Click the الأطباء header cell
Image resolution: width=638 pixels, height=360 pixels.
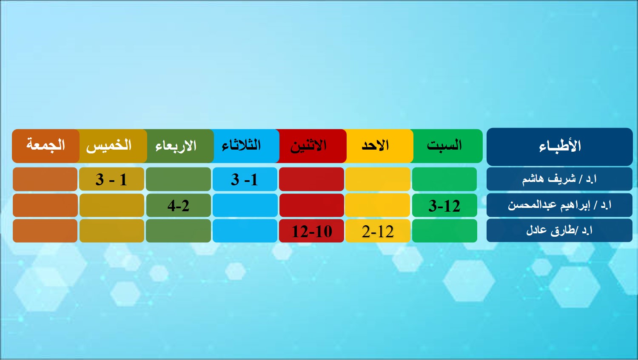(559, 147)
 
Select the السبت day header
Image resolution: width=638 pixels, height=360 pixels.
(447, 146)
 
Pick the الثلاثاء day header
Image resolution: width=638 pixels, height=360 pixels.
(245, 146)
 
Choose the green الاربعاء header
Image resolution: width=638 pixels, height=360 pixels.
(179, 146)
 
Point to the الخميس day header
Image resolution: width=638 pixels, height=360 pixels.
(112, 146)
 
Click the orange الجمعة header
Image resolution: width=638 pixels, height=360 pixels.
(46, 146)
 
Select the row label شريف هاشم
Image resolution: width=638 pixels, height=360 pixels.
(559, 179)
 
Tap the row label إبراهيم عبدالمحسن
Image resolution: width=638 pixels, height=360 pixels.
(559, 205)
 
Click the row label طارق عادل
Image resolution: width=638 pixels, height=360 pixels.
(559, 230)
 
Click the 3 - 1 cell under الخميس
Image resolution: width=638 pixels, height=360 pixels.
(111, 179)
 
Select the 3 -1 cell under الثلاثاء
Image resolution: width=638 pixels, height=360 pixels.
(245, 179)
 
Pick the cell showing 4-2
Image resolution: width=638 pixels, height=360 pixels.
(179, 205)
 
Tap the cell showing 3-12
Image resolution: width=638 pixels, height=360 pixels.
(444, 205)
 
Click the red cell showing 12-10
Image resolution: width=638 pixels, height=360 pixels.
(312, 230)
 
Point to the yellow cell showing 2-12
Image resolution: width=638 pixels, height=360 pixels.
(378, 230)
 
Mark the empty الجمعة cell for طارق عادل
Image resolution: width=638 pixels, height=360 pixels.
(45, 230)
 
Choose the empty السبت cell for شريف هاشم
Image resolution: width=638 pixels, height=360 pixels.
(444, 179)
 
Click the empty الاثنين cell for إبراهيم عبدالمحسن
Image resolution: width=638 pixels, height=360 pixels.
(312, 205)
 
